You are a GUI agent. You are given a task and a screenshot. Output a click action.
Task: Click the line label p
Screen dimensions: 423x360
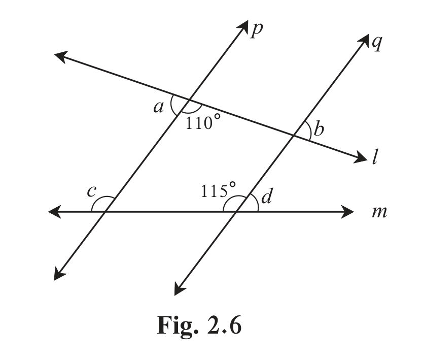256,30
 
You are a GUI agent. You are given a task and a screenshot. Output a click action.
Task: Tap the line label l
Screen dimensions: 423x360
375,156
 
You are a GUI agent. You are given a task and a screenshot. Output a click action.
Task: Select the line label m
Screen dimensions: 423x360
379,212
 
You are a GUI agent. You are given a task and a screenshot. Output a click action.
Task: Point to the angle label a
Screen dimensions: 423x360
158,108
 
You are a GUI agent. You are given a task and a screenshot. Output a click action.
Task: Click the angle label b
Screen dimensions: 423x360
319,129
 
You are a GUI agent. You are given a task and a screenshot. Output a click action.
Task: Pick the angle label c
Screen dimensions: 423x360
91,191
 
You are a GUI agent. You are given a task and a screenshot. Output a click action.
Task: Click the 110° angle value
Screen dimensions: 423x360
203,122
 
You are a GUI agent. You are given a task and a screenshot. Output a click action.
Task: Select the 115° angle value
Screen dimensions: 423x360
218,190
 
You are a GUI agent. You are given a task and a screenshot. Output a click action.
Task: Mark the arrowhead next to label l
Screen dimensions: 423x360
361,158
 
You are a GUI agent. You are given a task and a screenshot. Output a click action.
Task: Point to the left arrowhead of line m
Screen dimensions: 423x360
54,212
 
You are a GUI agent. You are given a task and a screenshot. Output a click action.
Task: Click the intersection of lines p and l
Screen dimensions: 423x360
189,100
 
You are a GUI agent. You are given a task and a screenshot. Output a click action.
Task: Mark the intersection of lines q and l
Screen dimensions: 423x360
294,135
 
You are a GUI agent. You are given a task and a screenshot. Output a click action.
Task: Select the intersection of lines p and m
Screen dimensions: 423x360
104,212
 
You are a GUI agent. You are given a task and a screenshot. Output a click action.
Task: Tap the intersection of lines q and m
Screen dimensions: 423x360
236,212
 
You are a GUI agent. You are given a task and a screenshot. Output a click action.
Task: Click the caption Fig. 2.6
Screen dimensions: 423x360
199,326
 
